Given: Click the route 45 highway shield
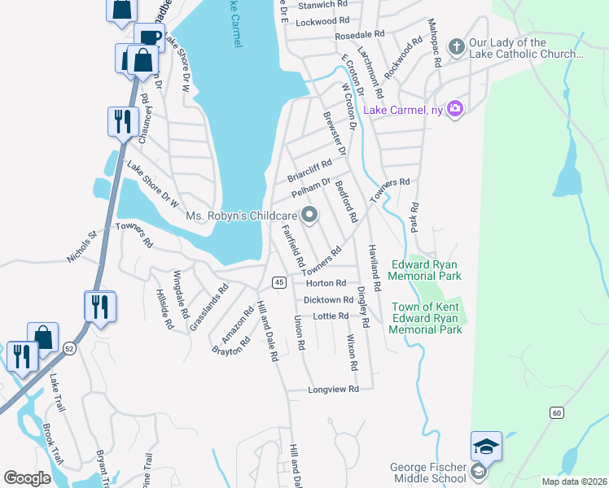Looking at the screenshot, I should [x=278, y=282].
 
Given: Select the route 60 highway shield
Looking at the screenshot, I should [x=555, y=412].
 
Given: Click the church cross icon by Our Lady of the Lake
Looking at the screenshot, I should [x=457, y=48].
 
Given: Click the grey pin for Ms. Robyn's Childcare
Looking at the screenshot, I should [x=309, y=216].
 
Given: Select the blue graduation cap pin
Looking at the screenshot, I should [x=485, y=447].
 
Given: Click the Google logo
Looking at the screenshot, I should [x=27, y=478].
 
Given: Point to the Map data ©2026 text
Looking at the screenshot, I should [x=574, y=481].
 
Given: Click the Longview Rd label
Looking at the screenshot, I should [x=333, y=390].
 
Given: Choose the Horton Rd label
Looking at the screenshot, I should [x=326, y=283].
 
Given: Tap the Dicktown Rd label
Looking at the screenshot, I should [x=327, y=300].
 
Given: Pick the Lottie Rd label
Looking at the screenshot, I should [x=331, y=316].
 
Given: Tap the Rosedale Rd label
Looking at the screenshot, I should [x=359, y=35].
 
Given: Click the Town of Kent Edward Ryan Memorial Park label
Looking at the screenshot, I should [x=426, y=318].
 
